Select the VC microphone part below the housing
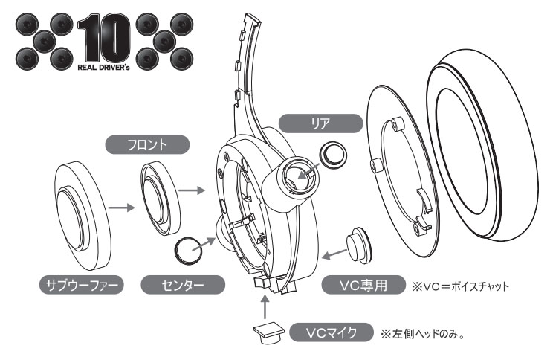tap(265, 332)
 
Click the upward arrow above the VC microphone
tap(265, 306)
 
